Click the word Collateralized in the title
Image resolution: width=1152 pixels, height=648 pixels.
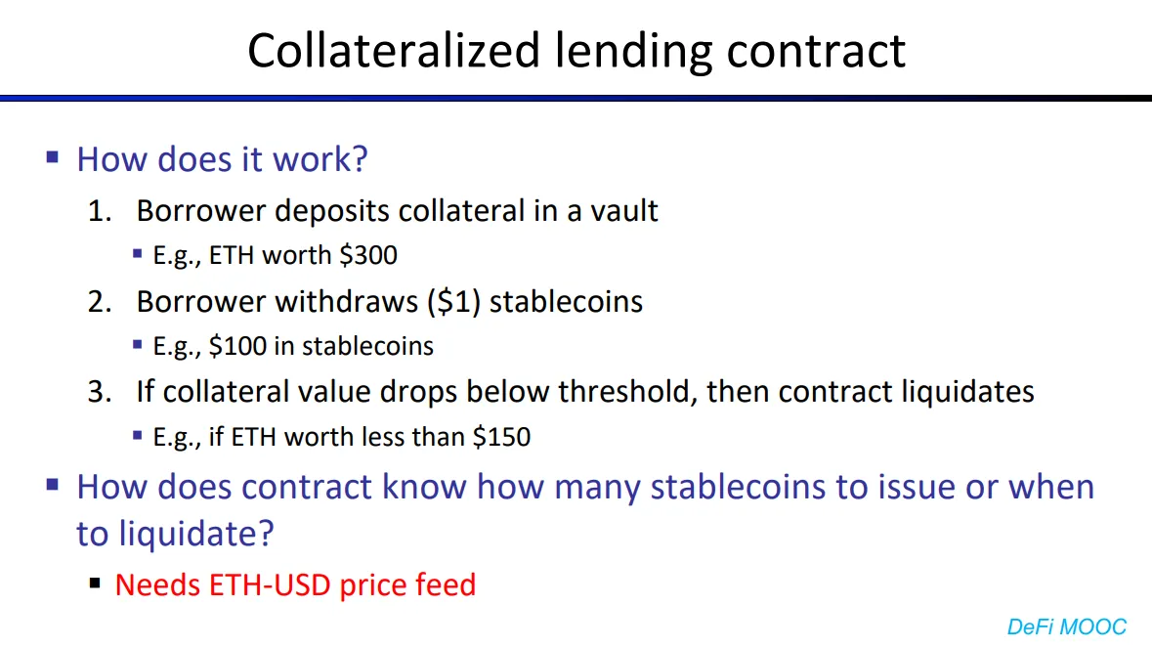pos(394,51)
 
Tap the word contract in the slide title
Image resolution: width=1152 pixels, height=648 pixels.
pos(816,52)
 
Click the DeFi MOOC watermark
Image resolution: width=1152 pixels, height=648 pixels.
pos(1066,626)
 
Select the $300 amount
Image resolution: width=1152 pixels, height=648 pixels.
pos(368,255)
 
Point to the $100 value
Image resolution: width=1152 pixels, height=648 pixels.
pos(237,345)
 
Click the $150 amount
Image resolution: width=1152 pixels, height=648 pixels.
pos(501,437)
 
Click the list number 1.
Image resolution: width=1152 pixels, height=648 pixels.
pos(100,211)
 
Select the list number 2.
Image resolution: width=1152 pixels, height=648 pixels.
pos(100,302)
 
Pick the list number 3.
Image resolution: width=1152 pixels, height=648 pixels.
pos(100,392)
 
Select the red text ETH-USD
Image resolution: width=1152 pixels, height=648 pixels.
pos(270,584)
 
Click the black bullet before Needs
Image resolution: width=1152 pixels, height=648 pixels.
pos(94,584)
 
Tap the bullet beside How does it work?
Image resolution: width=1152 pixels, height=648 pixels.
pos(52,157)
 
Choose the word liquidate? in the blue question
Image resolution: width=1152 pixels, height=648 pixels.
pos(196,534)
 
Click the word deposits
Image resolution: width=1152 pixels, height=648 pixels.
pos(332,211)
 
